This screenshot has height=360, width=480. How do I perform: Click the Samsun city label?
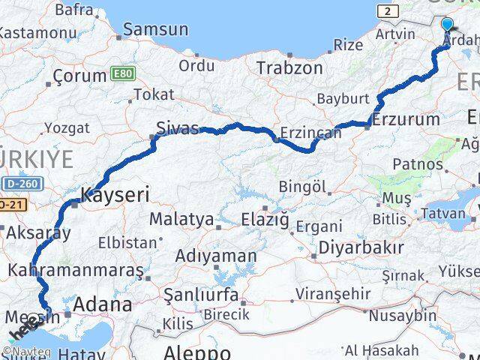156,30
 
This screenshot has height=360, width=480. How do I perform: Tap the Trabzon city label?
289,68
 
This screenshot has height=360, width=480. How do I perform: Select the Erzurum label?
405,119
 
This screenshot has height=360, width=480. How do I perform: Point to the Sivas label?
177,127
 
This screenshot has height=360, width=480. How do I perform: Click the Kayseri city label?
115,196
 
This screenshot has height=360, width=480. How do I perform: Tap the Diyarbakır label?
361,247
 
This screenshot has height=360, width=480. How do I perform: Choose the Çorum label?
79,76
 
